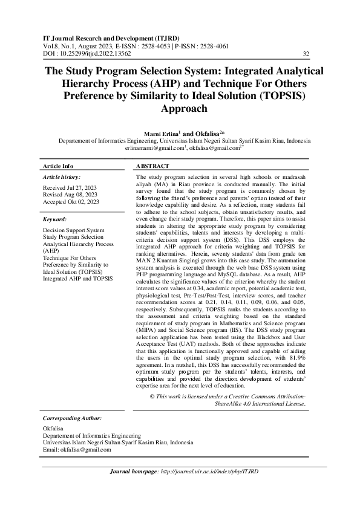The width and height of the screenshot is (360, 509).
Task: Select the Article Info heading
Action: click(58, 166)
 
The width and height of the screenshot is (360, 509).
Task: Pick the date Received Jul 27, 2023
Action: click(69, 188)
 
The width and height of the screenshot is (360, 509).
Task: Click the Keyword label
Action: click(55, 220)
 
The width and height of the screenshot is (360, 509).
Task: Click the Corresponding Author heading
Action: click(71, 418)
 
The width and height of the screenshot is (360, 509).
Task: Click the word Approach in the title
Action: click(180, 109)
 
